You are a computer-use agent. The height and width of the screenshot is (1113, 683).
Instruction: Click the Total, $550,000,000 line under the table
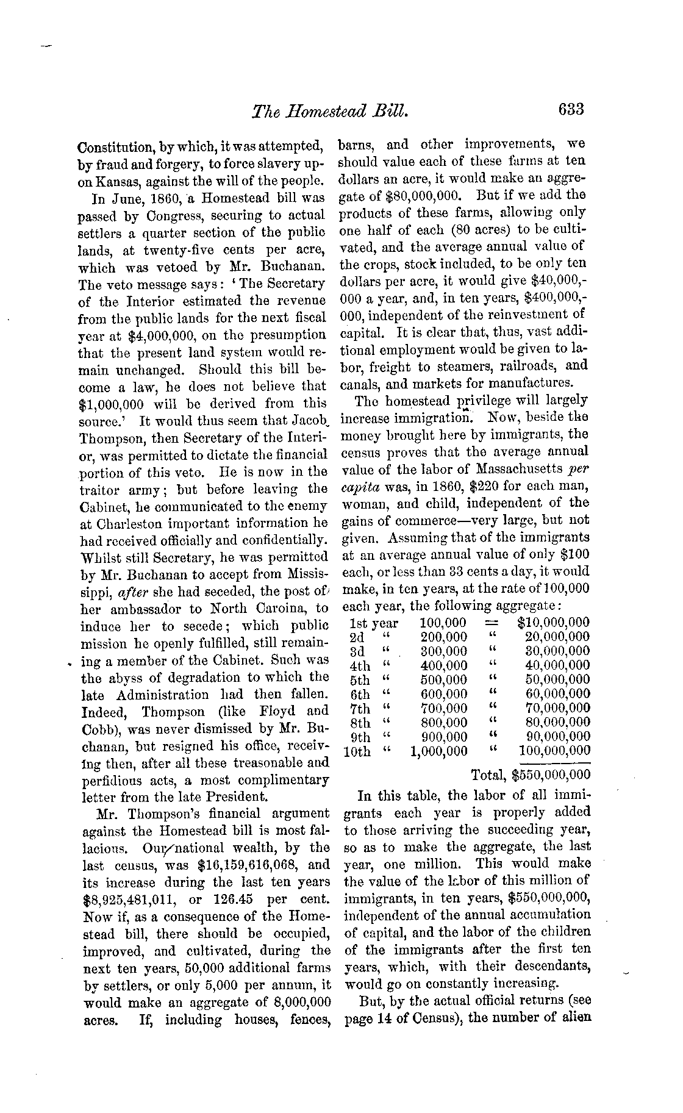point(531,775)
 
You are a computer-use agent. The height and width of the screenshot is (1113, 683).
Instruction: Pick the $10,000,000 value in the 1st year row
point(553,623)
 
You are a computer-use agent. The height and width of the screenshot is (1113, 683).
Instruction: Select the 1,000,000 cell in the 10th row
point(439,751)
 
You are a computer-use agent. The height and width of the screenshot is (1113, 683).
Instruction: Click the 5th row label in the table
point(360,680)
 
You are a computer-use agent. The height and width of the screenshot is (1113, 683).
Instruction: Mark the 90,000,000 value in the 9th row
point(558,737)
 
